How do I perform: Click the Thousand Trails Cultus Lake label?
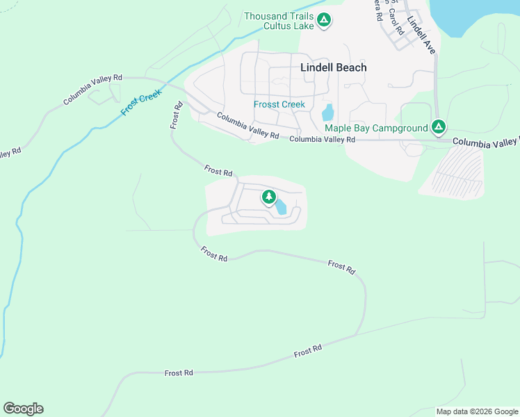(x=277, y=21)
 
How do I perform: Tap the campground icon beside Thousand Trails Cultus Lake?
(x=323, y=21)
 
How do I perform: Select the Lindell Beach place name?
(x=333, y=67)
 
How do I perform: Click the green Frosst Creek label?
(x=279, y=104)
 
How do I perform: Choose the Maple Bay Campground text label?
(x=375, y=128)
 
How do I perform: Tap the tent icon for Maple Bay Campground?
(x=438, y=127)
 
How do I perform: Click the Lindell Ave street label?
(x=421, y=35)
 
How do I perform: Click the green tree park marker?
(x=268, y=197)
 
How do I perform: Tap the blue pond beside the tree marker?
(x=280, y=206)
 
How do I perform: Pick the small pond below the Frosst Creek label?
(x=327, y=113)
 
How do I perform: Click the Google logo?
(x=23, y=409)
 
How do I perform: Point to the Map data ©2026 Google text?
(x=476, y=411)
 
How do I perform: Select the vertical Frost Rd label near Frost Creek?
(x=176, y=115)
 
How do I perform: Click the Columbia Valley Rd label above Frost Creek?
(x=92, y=90)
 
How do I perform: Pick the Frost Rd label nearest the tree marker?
(x=218, y=170)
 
